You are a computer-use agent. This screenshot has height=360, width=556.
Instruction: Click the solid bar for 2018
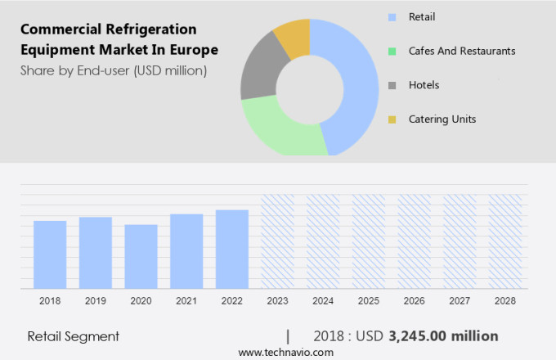[x=50, y=254]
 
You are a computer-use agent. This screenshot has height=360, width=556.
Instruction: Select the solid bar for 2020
[x=141, y=256]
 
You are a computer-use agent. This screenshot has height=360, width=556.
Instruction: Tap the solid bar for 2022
[x=232, y=249]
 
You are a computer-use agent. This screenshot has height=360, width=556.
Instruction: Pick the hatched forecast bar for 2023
[x=277, y=241]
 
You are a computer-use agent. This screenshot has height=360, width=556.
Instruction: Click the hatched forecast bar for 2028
[x=505, y=241]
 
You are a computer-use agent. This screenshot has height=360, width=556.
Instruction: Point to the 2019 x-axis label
[x=95, y=301]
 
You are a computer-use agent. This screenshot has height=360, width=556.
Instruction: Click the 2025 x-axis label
[x=369, y=301]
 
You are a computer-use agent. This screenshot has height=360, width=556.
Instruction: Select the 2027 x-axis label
[x=460, y=301]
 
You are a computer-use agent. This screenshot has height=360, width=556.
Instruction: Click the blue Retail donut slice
[x=359, y=90]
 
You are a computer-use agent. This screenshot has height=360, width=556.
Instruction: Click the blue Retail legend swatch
[x=392, y=16]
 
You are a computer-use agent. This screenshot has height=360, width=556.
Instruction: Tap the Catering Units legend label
[x=442, y=119]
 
